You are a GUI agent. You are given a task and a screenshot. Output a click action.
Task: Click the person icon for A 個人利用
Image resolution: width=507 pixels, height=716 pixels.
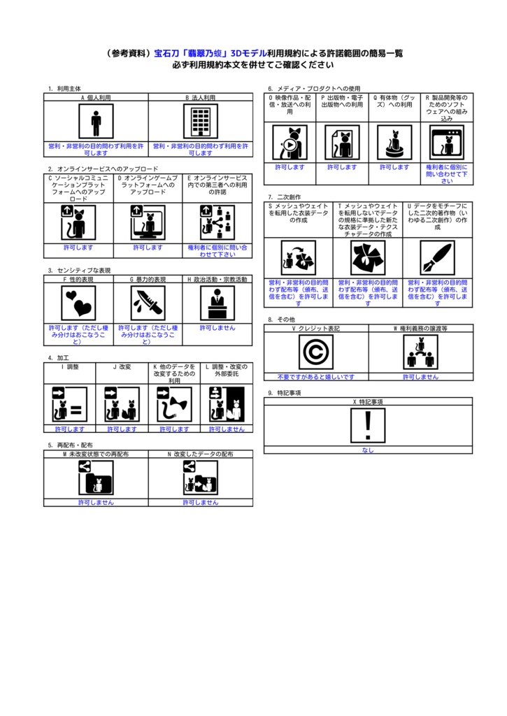click(x=96, y=122)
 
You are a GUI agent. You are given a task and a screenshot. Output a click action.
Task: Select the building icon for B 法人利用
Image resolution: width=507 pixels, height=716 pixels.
click(x=201, y=122)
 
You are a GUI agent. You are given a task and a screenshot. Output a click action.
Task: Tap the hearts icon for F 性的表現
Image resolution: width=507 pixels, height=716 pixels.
click(x=78, y=303)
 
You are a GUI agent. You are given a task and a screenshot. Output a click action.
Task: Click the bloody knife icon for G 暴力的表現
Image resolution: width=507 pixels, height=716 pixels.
click(x=148, y=303)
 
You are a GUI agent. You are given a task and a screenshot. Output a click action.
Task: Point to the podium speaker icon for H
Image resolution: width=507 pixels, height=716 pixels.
click(x=217, y=303)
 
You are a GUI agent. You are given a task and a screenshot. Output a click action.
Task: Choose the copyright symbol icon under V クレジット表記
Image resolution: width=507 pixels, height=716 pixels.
click(x=315, y=352)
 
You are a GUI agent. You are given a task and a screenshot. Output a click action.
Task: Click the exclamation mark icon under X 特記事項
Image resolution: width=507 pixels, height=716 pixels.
click(x=368, y=425)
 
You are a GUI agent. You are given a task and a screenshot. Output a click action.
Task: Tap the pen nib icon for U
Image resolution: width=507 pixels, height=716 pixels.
click(x=437, y=258)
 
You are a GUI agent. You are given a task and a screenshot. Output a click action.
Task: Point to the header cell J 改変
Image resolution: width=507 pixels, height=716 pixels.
click(x=122, y=366)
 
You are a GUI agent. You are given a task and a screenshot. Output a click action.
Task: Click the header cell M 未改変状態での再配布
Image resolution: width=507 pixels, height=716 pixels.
click(x=96, y=454)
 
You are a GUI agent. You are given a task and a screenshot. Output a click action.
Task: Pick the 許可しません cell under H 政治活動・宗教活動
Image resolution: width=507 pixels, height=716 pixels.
click(x=217, y=328)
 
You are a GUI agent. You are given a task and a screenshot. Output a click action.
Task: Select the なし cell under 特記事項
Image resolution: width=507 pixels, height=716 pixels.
click(x=368, y=450)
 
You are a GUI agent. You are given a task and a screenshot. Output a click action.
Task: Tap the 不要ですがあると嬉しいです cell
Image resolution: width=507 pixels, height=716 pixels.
click(x=315, y=377)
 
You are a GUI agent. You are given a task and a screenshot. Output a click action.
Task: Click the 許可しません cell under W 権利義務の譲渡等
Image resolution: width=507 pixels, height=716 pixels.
click(x=420, y=377)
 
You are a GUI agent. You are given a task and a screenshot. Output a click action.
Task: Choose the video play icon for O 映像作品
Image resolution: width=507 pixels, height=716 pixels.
click(x=290, y=142)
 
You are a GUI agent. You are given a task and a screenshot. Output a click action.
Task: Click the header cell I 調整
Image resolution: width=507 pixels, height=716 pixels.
click(x=70, y=366)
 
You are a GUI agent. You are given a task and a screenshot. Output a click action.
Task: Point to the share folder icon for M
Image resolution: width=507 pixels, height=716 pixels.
click(x=96, y=478)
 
